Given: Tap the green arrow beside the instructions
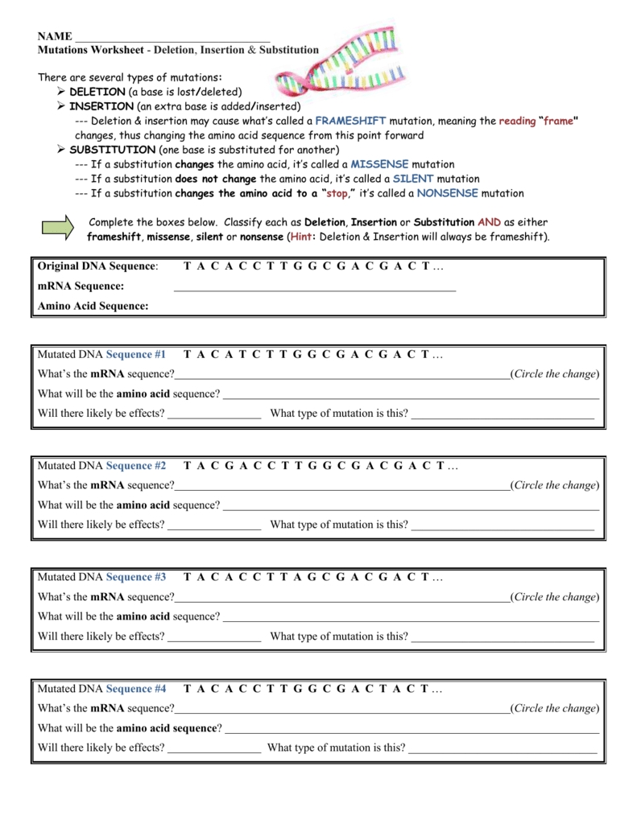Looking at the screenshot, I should tap(60, 229).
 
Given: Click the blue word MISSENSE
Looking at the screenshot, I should tap(380, 164).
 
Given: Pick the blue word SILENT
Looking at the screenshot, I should tap(413, 179).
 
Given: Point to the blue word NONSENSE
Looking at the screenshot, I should tap(447, 193).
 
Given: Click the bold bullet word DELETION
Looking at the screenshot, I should tap(97, 92).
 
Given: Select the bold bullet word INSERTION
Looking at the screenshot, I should tap(101, 106).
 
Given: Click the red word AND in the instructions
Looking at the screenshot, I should tap(489, 222).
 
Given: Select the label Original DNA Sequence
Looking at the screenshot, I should tap(97, 266).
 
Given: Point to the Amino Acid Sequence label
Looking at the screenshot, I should tap(93, 306).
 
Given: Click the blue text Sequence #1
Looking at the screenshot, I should tap(136, 354).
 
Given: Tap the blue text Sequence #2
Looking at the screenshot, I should tap(136, 466).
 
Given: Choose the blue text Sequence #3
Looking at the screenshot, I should tap(136, 577).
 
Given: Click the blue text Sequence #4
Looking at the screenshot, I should tap(136, 689).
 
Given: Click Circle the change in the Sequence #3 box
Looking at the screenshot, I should tap(556, 597).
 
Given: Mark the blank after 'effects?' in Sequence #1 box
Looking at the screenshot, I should tap(214, 414).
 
